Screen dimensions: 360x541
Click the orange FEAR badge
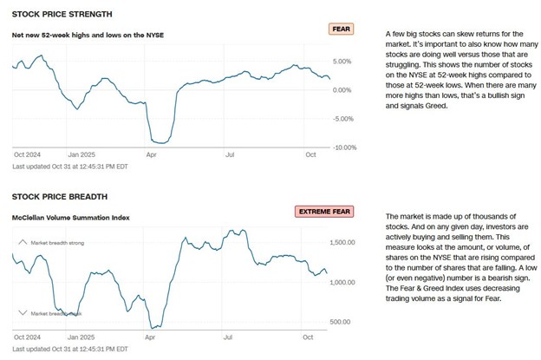pyautogui.click(x=342, y=29)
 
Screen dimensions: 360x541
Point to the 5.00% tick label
pyautogui.click(x=342, y=62)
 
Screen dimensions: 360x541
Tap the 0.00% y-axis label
pyautogui.click(x=342, y=90)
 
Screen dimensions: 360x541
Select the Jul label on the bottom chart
pyautogui.click(x=229, y=335)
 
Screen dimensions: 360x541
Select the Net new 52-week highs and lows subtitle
pyautogui.click(x=88, y=35)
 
